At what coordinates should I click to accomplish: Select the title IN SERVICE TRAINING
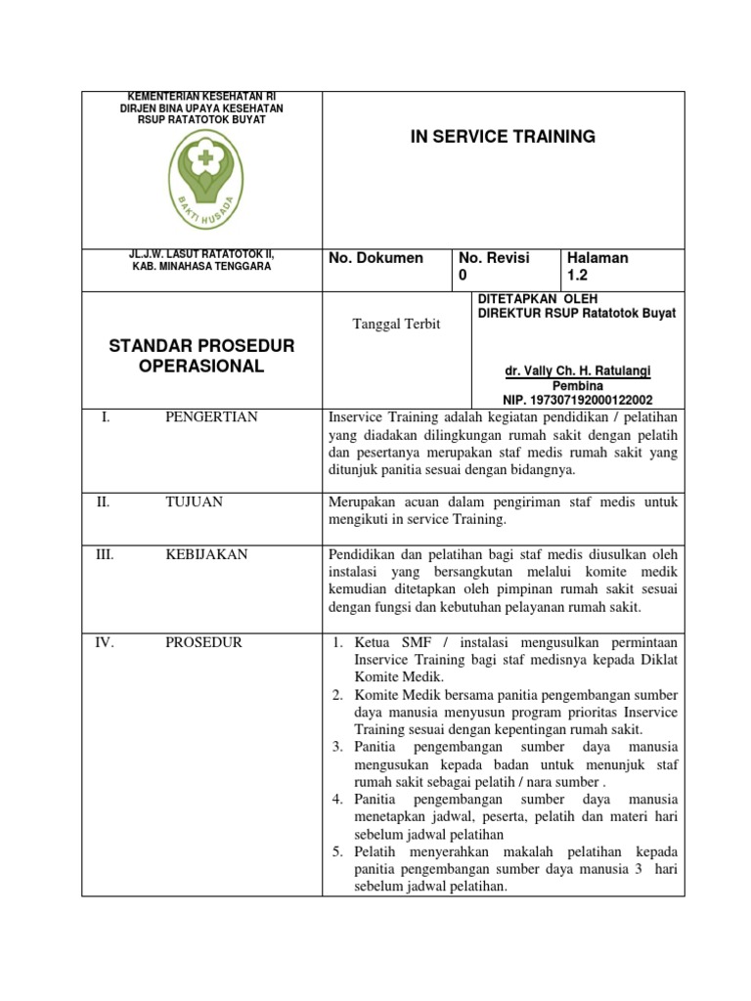[x=503, y=137]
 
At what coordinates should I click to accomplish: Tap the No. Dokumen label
[x=375, y=258]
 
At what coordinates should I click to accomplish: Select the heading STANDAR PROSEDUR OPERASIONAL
[x=200, y=356]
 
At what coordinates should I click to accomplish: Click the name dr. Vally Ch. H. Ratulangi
[x=577, y=372]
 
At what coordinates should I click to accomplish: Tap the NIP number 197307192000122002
[x=577, y=400]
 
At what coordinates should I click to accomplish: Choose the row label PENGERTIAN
[x=211, y=417]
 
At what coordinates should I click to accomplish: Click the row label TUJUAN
[x=194, y=501]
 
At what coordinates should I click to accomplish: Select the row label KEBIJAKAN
[x=206, y=554]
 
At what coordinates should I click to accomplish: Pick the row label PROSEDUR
[x=203, y=642]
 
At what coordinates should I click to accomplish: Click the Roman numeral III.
[x=105, y=554]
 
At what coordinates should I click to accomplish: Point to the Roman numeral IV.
[x=105, y=642]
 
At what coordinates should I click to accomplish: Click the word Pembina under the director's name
[x=577, y=386]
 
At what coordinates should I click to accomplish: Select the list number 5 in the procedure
[x=335, y=851]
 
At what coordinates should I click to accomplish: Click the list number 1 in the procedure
[x=335, y=642]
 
